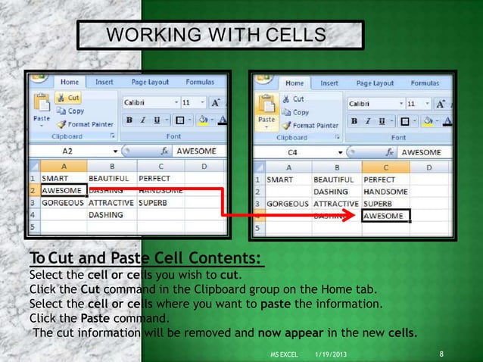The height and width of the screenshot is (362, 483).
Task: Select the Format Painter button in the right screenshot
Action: click(x=313, y=125)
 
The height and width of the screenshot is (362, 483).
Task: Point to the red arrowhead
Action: click(x=351, y=215)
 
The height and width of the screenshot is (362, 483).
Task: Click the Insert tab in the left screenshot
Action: click(x=104, y=82)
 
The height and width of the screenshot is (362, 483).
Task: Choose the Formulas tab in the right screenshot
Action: click(x=425, y=83)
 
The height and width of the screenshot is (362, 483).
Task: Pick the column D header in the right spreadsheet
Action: click(x=428, y=167)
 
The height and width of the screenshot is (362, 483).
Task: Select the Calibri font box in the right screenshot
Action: click(x=372, y=103)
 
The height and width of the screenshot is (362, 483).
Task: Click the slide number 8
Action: click(x=441, y=354)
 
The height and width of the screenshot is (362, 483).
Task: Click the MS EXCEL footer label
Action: click(x=284, y=355)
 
